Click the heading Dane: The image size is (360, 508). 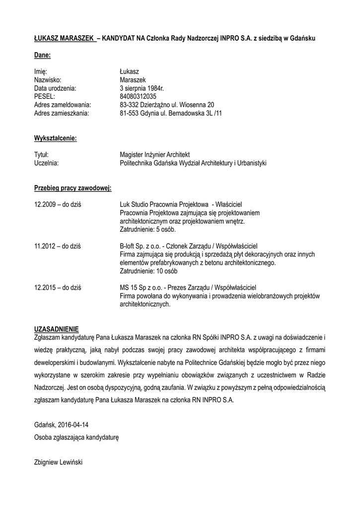click(x=42, y=55)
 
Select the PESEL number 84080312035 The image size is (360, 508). click(x=138, y=96)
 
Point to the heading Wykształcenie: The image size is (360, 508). click(x=55, y=138)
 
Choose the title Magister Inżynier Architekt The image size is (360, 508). click(x=155, y=154)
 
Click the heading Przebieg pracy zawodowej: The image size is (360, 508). click(x=72, y=188)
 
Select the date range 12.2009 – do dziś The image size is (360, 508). click(x=58, y=204)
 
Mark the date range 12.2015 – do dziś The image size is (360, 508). click(x=58, y=288)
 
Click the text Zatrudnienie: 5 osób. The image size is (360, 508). click(x=147, y=230)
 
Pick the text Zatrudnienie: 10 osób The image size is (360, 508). click(x=149, y=271)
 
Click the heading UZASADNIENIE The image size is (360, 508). click(x=56, y=329)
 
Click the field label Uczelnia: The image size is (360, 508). click(x=46, y=163)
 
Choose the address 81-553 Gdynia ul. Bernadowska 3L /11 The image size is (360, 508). click(x=170, y=113)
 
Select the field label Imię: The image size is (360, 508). click(x=41, y=71)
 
